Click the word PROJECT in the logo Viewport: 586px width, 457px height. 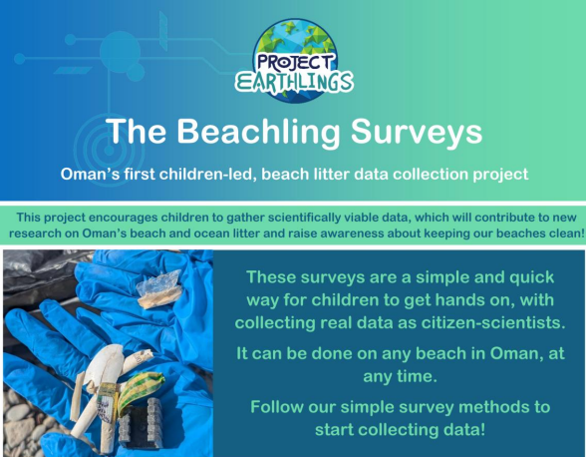tap(294, 60)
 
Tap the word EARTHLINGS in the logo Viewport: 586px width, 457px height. tap(294, 81)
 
